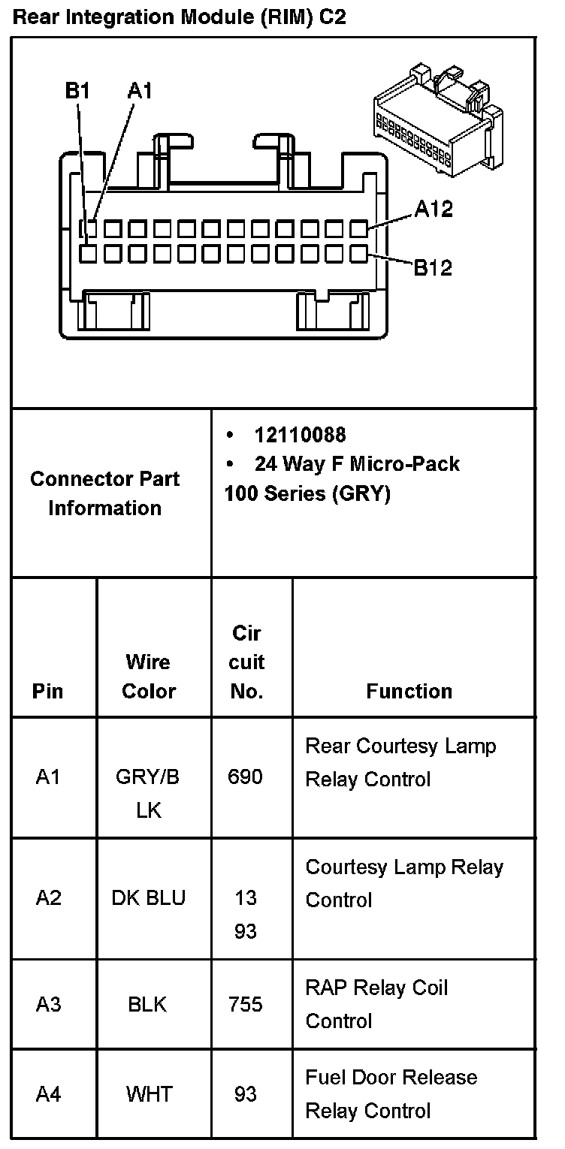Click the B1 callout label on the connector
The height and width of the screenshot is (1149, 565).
77,91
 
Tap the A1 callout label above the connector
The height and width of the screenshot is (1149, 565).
140,91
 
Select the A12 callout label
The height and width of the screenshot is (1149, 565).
434,209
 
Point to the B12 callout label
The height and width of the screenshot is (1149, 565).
434,267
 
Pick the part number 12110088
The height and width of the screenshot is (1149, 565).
301,435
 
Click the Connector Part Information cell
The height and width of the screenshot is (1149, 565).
105,493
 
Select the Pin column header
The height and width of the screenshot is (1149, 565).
48,691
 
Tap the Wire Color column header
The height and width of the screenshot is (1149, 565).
149,676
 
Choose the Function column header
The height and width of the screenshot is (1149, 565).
409,691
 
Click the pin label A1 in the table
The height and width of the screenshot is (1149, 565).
48,777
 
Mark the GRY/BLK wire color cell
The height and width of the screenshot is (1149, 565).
149,793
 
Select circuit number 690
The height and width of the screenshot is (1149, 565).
246,777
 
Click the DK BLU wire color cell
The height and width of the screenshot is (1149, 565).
149,897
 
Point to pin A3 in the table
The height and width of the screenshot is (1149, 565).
48,1004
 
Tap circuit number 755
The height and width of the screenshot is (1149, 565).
246,1004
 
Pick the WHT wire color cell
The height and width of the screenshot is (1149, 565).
149,1094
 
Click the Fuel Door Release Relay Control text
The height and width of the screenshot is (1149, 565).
391,1094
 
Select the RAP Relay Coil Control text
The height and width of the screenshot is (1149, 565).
376,1004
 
